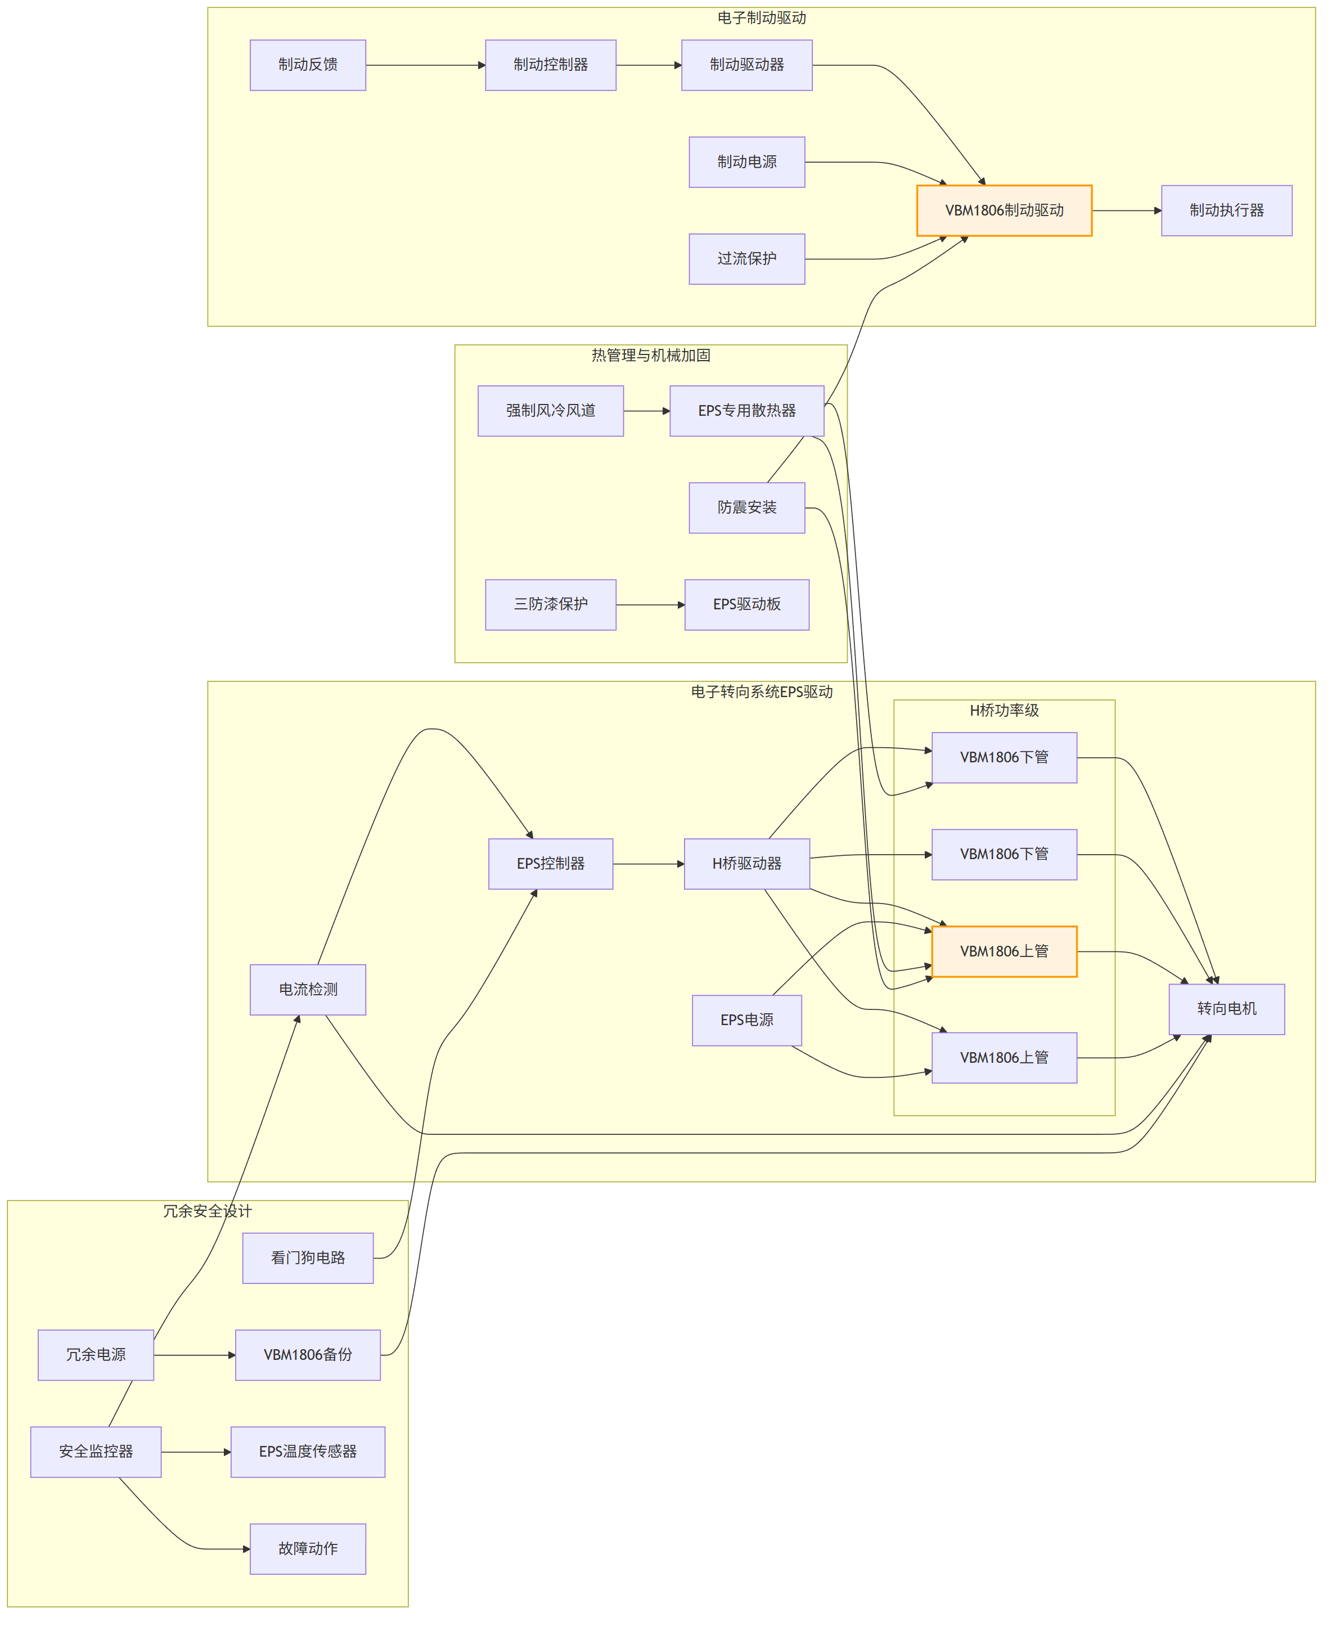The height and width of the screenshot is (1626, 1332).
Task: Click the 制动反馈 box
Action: point(308,65)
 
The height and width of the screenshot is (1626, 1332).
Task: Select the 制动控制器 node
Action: point(551,65)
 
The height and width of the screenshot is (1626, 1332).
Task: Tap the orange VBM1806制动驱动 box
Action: point(1005,210)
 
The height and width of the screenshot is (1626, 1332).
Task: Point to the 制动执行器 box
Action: point(1227,210)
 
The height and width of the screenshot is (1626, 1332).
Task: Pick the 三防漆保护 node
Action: point(551,605)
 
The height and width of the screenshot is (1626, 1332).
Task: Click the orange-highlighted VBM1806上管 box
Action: point(1005,951)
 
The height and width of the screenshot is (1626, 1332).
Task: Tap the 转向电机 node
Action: point(1227,1009)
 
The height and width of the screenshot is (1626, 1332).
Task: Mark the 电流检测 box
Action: point(308,990)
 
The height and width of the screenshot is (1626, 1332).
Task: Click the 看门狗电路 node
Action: point(308,1257)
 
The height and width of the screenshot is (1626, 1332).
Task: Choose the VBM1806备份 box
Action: point(308,1355)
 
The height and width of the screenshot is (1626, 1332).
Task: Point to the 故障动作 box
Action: point(308,1548)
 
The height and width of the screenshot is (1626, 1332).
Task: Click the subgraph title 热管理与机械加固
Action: point(651,355)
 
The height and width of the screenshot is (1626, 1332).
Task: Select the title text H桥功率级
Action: point(1005,711)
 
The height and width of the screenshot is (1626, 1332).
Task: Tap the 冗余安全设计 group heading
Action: point(207,1211)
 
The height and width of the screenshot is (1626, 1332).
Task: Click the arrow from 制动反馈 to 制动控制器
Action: point(426,65)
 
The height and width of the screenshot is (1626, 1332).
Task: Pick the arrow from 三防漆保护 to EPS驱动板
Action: point(651,605)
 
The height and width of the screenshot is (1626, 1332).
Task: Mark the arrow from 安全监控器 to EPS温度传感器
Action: point(196,1452)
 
